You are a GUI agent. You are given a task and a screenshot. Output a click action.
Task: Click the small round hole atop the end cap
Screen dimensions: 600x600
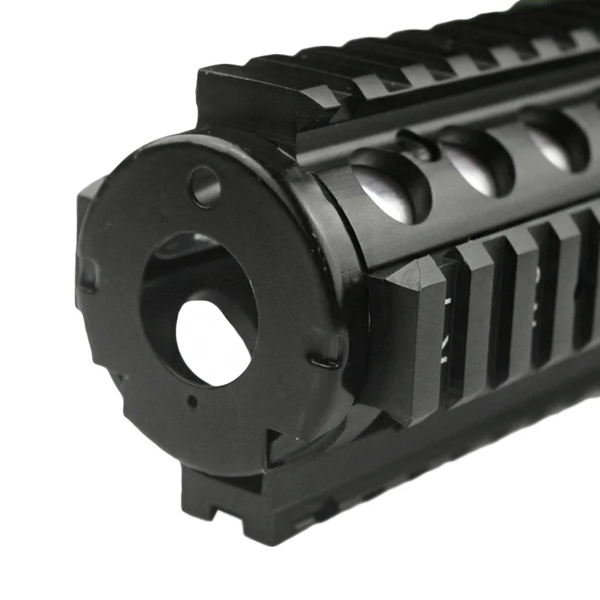coord(204,187)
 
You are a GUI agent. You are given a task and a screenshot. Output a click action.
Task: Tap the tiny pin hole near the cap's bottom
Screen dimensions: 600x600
coord(193,402)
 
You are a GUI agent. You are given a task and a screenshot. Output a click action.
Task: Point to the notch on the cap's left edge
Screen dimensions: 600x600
coord(87,274)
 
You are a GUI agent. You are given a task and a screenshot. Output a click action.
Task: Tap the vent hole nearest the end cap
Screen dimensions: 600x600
coord(390,184)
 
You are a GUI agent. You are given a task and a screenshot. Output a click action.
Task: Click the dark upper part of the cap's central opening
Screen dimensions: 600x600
coord(187,262)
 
